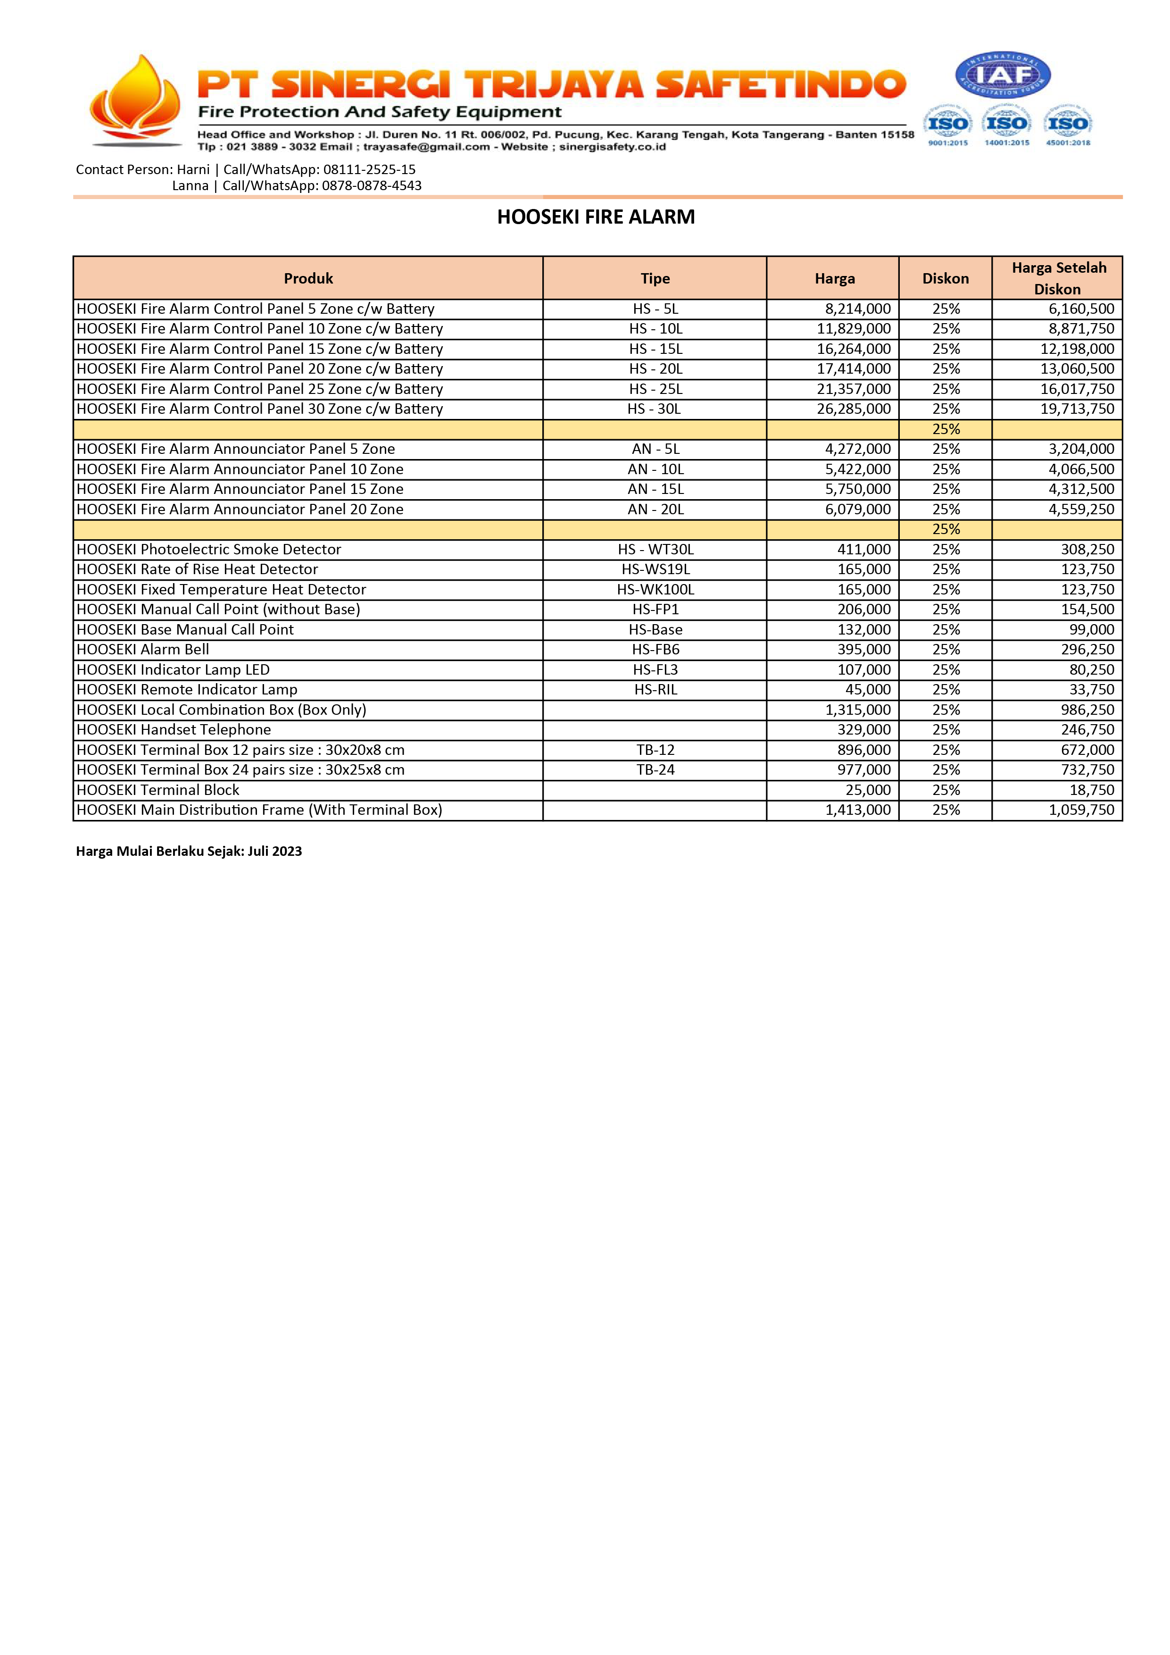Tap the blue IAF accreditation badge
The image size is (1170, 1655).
[1003, 75]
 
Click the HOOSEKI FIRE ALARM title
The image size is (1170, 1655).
[596, 217]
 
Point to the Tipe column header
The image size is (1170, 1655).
[655, 278]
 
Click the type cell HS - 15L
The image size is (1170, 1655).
[655, 349]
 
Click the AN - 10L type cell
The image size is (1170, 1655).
[655, 469]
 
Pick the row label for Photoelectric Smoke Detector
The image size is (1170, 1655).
[209, 549]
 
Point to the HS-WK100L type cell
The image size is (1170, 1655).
[655, 590]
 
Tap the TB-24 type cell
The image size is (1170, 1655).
[655, 770]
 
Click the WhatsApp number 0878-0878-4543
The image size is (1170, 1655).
[371, 186]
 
